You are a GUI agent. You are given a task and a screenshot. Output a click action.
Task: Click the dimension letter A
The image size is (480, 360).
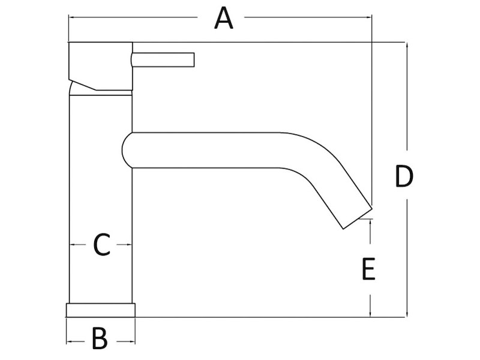(x=223, y=18)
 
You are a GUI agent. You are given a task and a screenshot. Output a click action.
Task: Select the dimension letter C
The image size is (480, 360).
(x=101, y=245)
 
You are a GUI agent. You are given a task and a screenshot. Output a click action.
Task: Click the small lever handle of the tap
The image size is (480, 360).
(x=164, y=59)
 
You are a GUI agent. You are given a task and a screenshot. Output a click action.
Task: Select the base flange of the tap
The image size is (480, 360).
(x=100, y=310)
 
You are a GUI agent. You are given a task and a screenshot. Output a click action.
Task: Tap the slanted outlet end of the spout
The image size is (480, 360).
(x=358, y=217)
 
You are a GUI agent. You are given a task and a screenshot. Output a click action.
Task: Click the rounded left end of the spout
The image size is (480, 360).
(x=127, y=149)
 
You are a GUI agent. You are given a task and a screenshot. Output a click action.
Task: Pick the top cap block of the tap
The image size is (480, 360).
(x=100, y=66)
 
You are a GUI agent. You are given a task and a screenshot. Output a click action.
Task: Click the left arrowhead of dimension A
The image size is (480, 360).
(x=71, y=18)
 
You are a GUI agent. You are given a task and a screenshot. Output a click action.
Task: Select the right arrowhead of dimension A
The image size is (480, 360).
(x=370, y=18)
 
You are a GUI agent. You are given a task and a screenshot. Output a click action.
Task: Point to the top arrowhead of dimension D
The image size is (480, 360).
(x=407, y=45)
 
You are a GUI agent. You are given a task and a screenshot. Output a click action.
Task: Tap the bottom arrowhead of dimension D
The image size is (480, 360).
(x=407, y=313)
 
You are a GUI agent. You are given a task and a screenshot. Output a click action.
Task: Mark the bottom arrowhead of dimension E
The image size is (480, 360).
(x=371, y=313)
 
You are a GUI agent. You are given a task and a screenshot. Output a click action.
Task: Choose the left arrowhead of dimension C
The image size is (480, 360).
(x=72, y=245)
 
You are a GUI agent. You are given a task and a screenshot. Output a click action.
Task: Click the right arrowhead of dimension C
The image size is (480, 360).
(x=129, y=245)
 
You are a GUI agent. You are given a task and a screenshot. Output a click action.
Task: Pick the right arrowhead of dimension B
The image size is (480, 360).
(x=132, y=342)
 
